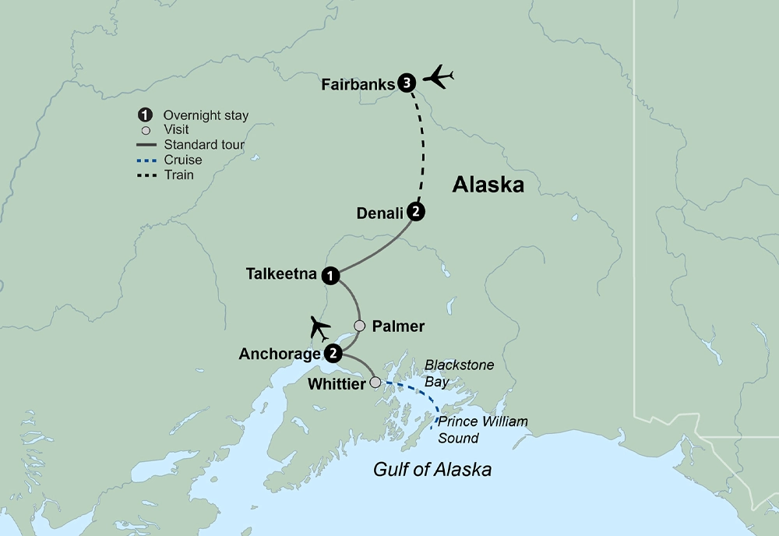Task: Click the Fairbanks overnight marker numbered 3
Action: click(x=406, y=83)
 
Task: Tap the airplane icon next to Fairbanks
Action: click(x=437, y=78)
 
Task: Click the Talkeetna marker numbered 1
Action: click(x=333, y=274)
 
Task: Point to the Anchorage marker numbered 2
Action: click(x=333, y=353)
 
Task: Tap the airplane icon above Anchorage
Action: click(x=319, y=328)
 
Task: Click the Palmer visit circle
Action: click(x=359, y=326)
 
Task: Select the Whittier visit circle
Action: click(x=375, y=383)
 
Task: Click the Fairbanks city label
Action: click(x=358, y=84)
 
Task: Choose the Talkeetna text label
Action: click(x=280, y=274)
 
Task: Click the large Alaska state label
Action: click(x=488, y=185)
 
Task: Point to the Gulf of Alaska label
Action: click(x=432, y=470)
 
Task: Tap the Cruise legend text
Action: click(x=182, y=160)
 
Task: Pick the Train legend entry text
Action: click(x=178, y=175)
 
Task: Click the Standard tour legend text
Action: click(x=204, y=145)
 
